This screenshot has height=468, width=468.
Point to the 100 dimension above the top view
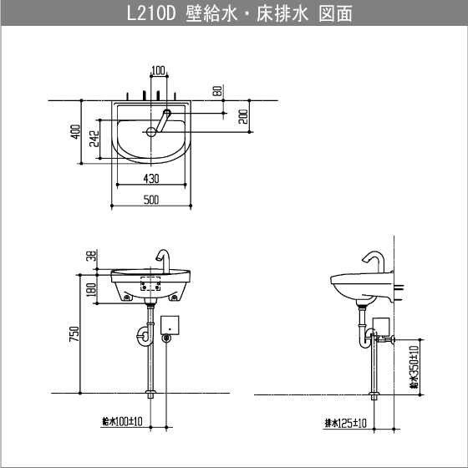(159, 70)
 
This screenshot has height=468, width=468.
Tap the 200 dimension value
(243, 116)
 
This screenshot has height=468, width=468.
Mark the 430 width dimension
(151, 178)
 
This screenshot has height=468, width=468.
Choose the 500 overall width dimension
(151, 200)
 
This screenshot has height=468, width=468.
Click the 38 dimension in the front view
(90, 257)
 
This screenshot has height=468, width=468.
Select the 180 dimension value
(90, 288)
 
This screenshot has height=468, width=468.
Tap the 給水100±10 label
(121, 422)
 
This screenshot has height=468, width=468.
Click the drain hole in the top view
(151, 131)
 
